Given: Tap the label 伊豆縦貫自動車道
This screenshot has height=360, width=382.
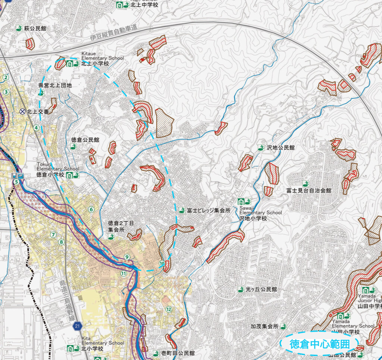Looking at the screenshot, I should (x=113, y=33).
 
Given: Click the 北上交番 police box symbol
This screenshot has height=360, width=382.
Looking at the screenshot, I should (x=22, y=111).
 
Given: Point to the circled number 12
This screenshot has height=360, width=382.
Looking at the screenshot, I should (x=169, y=309).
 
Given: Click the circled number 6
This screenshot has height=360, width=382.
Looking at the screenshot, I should (x=91, y=210).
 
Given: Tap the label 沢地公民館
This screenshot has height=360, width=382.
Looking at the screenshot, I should (x=281, y=148).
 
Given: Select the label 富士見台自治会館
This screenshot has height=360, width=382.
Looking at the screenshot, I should (x=309, y=191).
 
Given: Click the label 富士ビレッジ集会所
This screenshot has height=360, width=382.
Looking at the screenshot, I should (x=209, y=210).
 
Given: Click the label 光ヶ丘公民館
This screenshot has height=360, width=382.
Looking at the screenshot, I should (x=261, y=289).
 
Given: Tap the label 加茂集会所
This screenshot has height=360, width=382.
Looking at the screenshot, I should (x=264, y=326).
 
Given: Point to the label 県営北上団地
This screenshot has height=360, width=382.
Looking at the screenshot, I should (x=55, y=85).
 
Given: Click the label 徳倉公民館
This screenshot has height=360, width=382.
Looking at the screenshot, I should (x=85, y=140).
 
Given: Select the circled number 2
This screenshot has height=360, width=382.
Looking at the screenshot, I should (x=6, y=78).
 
